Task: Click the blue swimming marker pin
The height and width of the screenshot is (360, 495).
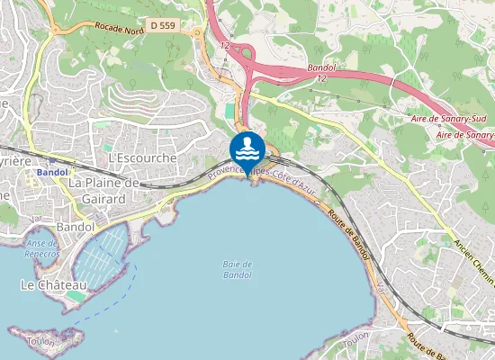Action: (247, 150)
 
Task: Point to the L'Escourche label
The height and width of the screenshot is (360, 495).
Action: (139, 157)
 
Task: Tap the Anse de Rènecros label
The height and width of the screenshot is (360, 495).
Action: (42, 249)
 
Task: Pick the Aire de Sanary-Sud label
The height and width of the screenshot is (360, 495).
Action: (454, 117)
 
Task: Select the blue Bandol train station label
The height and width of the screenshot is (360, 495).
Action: (52, 171)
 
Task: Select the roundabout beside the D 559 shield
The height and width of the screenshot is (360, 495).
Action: (197, 33)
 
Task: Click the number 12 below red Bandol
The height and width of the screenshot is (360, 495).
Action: (320, 79)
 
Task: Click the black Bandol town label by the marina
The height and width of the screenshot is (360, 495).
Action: (76, 227)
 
